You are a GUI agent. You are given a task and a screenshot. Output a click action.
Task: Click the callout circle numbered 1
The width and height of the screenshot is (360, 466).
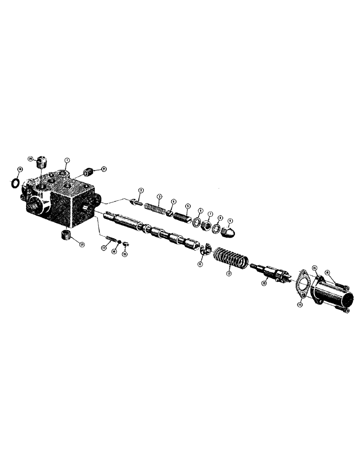coord(67,160)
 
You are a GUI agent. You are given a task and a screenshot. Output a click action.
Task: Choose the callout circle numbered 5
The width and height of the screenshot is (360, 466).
coord(187,206)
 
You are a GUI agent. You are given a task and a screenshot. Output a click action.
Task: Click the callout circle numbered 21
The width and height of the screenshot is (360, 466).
coord(104,169)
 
